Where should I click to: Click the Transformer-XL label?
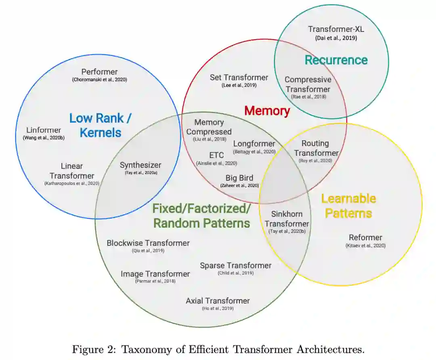click(x=336, y=29)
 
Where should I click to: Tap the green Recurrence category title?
click(x=336, y=60)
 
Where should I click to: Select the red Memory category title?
click(x=267, y=111)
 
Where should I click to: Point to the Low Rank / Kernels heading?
click(x=101, y=125)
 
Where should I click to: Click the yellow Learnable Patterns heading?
click(x=348, y=206)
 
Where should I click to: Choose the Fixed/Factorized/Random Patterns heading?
click(x=201, y=216)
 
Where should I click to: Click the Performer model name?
click(x=99, y=72)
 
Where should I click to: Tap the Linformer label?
click(x=44, y=130)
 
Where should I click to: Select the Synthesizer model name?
click(x=140, y=165)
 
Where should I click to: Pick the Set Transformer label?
click(x=239, y=77)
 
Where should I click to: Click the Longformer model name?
click(x=254, y=144)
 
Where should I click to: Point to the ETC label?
click(x=216, y=155)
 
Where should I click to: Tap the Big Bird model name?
click(x=239, y=178)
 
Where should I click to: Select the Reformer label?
click(x=365, y=238)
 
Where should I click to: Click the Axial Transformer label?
click(x=218, y=301)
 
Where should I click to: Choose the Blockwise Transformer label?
click(x=148, y=243)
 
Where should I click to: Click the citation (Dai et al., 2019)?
click(x=336, y=38)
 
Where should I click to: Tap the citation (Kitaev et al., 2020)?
click(x=365, y=245)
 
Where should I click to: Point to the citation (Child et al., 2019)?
click(x=236, y=273)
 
